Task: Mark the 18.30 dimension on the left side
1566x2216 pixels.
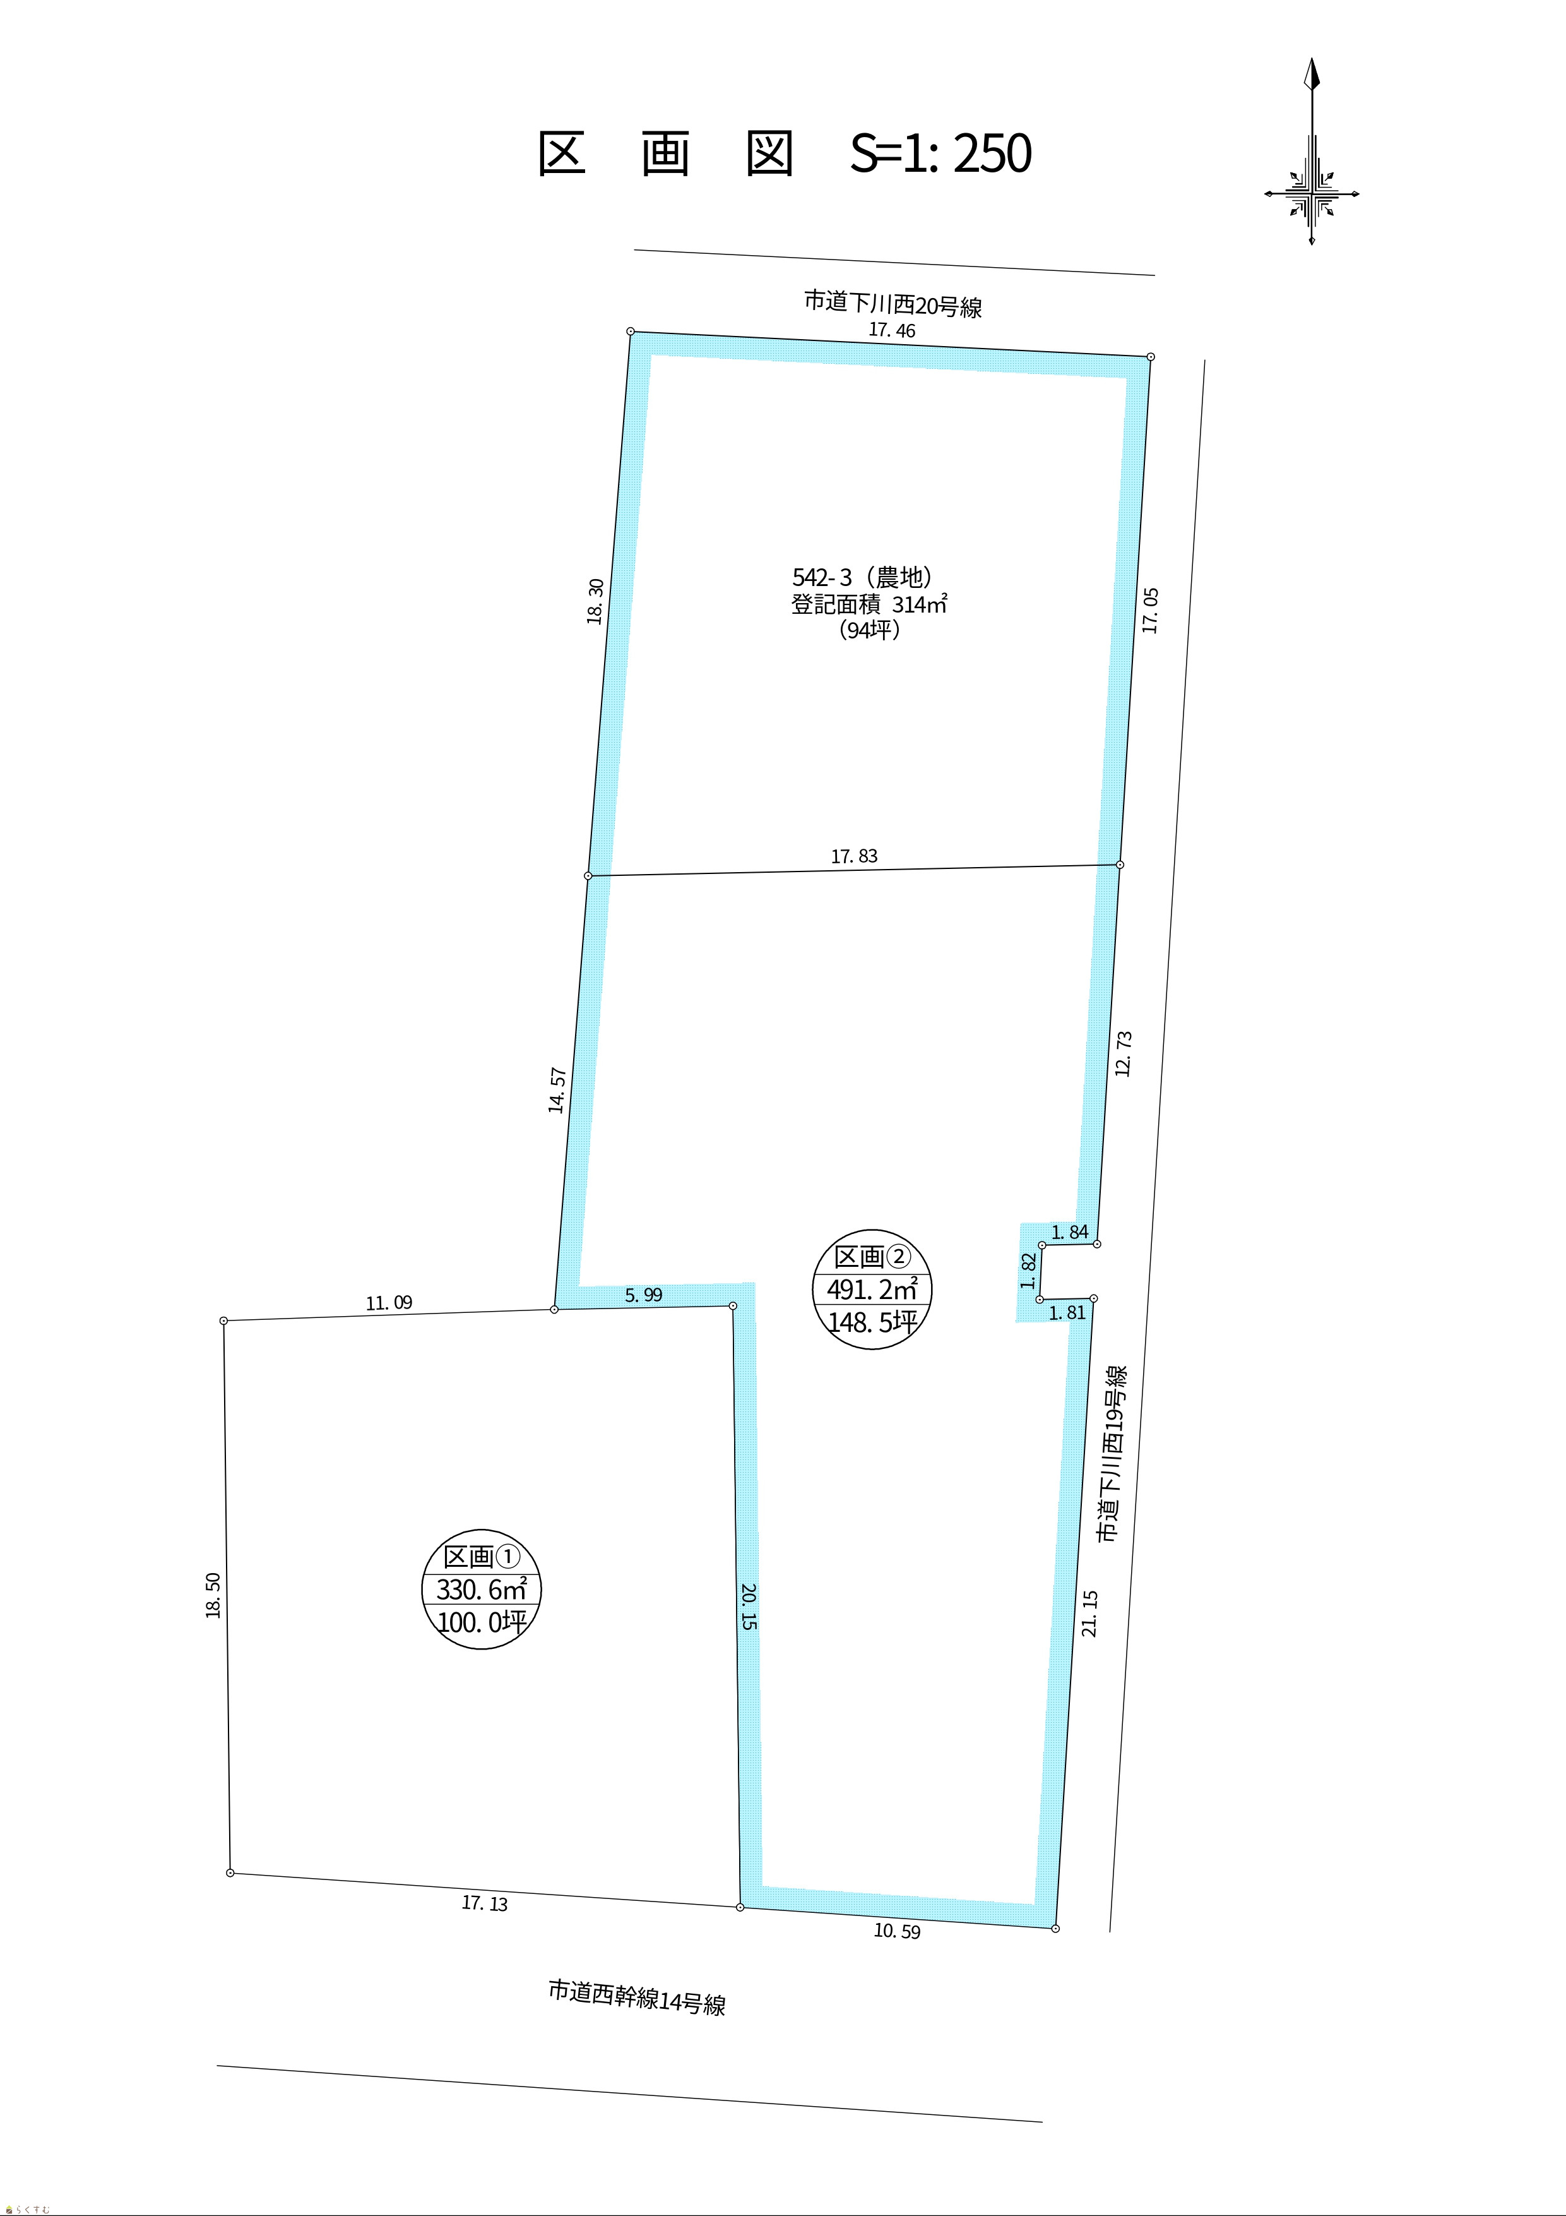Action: click(595, 601)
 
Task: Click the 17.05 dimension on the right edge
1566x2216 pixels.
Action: click(1149, 610)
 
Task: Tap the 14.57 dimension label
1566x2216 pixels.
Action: click(557, 1089)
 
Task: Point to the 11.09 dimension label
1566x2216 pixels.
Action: click(389, 1303)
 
